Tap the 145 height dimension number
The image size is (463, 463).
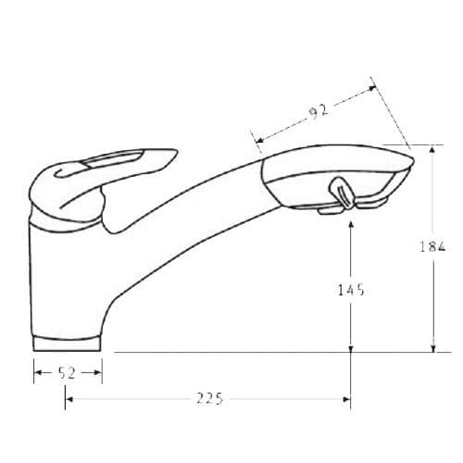pos(350,290)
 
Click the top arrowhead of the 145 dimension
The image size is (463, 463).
pos(350,223)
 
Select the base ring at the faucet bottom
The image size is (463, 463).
pos(67,343)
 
